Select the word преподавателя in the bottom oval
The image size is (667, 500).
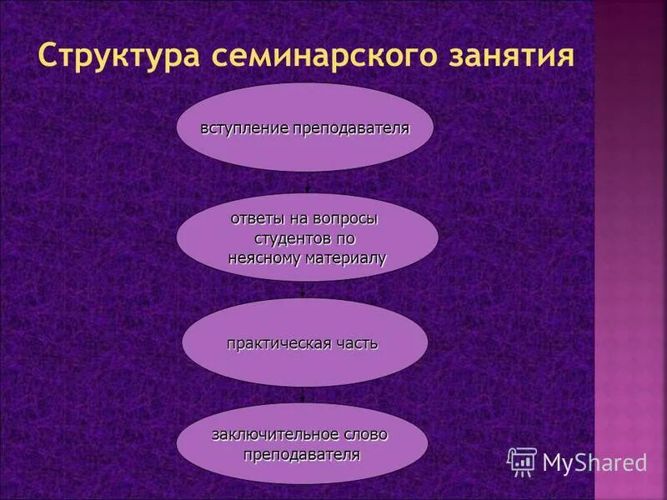302,455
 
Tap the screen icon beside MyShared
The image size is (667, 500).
522,461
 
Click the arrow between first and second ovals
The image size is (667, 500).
305,182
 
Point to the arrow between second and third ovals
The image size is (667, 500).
302,288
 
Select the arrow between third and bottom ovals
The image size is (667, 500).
302,394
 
